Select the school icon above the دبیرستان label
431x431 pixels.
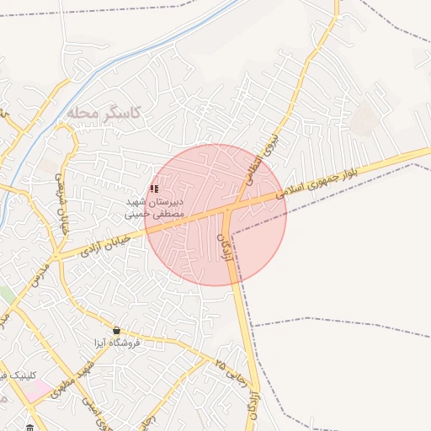click(x=154, y=189)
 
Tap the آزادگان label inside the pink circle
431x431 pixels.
click(x=225, y=247)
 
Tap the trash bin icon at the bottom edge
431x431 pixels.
click(x=30, y=427)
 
